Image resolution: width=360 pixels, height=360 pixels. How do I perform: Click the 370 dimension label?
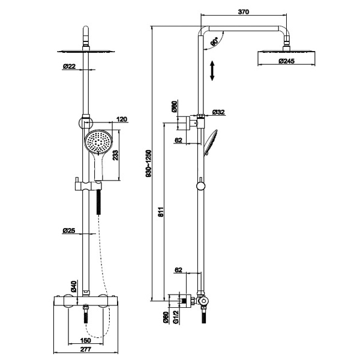pos(244,11)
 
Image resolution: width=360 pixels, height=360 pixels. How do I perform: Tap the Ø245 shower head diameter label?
pos(287,61)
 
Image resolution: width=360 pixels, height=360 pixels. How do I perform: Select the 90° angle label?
pos(215,41)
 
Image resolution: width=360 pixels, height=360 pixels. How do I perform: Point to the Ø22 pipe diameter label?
pos(69,67)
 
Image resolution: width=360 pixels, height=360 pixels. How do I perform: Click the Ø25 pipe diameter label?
pos(69,230)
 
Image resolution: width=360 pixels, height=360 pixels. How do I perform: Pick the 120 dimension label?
pos(122,119)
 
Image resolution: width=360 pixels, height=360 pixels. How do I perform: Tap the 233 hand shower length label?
pos(115,155)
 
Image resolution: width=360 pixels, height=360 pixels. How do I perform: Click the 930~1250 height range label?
pos(149,163)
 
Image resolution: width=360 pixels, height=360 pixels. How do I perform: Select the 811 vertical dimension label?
pos(161,212)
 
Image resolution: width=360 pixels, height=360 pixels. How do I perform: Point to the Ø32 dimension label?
pos(218,112)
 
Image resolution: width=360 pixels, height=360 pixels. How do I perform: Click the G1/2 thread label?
pos(176,317)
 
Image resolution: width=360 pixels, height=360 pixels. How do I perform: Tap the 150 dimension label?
pos(86,340)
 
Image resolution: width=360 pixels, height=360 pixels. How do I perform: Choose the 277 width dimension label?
pos(86,349)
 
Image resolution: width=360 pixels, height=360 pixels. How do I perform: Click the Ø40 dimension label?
pos(73,286)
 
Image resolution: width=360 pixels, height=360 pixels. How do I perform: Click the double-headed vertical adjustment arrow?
pos(212,70)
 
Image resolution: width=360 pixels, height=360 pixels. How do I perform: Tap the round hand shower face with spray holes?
pos(98,141)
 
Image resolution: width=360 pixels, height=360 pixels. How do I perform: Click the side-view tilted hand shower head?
pos(210,143)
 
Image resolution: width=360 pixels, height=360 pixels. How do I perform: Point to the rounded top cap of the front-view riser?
pos(86,30)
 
